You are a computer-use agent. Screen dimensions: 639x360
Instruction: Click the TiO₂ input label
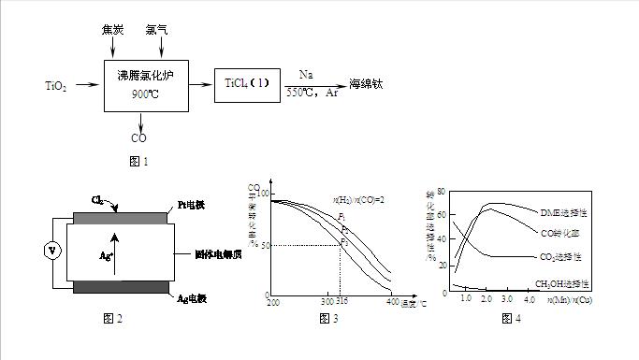57,86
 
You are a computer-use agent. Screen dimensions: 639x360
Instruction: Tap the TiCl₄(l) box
247,85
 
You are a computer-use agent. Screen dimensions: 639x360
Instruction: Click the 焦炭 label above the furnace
113,30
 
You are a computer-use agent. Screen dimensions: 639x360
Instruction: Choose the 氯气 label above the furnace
156,30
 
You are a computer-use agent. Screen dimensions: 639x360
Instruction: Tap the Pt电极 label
192,205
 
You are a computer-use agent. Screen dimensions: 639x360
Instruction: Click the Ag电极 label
193,298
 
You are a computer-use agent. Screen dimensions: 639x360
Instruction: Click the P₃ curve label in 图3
343,241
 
